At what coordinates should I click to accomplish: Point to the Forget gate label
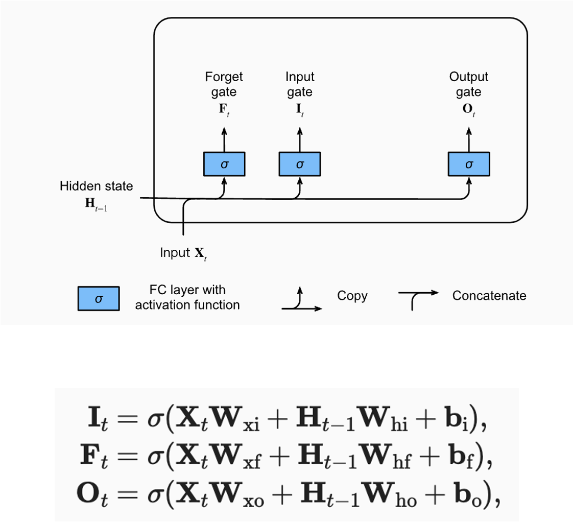[224, 84]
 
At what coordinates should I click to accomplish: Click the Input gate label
[300, 84]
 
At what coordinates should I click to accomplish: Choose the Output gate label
[469, 84]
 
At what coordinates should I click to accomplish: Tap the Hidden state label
[96, 186]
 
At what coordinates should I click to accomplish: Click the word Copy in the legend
[352, 296]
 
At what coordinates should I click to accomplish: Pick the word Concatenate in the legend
[489, 296]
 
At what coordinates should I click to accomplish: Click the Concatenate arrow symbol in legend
[418, 299]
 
